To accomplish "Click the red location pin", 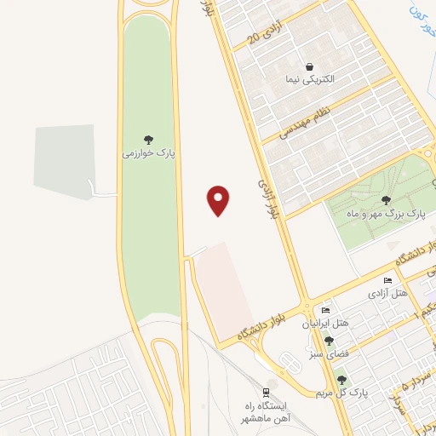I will [x=219, y=200].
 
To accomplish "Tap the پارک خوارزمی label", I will [x=147, y=153].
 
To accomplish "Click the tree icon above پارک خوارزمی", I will [x=148, y=140].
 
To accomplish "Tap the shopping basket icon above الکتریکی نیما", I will [x=309, y=66].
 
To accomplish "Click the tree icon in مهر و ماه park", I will [x=387, y=200].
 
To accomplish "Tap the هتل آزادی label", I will [x=388, y=293].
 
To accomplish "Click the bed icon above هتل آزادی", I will [x=388, y=281].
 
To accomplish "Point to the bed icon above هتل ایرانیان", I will [x=326, y=310].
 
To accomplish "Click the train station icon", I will [x=267, y=393].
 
